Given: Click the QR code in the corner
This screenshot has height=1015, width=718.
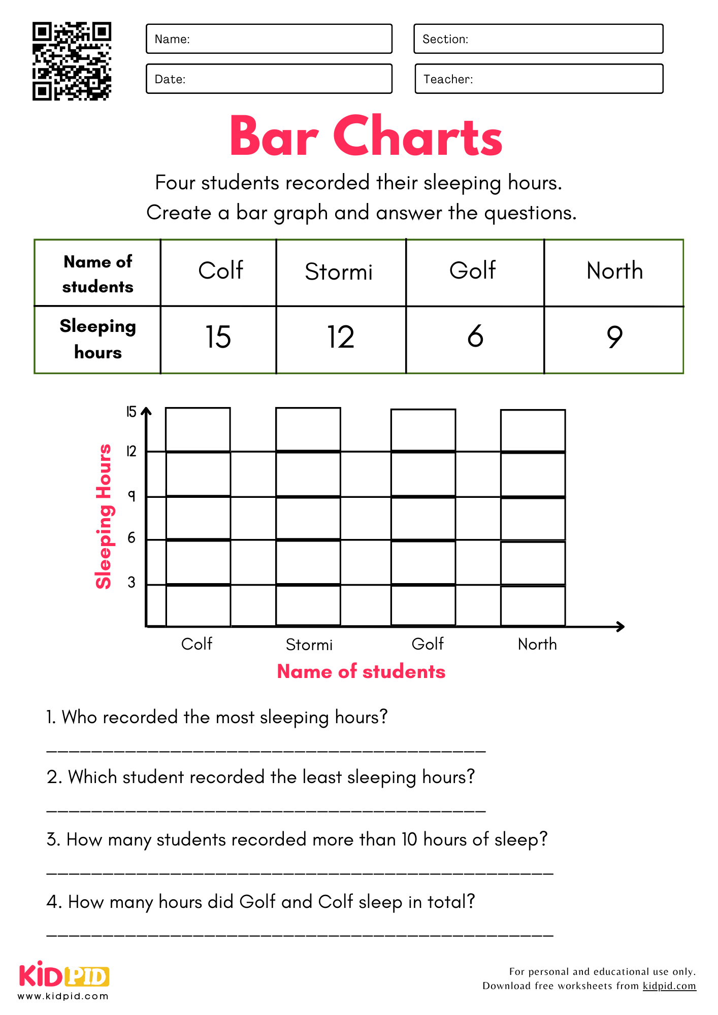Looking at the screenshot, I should point(72,61).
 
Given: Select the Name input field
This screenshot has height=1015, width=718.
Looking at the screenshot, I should point(269,39).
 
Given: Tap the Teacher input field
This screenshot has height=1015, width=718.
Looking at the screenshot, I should point(539,79).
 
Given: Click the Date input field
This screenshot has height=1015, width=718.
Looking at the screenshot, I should point(269,79).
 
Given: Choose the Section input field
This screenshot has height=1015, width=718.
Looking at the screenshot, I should point(538,39).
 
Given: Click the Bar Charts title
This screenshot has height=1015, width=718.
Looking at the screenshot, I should point(366,136).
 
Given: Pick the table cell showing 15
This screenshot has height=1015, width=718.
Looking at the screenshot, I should point(218,337).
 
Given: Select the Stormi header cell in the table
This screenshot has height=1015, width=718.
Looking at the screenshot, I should point(339,272).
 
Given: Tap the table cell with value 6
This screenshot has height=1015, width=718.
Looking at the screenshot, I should point(475,336).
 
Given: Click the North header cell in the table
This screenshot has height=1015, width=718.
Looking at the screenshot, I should point(614,271).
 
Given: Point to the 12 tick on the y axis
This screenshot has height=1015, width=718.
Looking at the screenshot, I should point(132,451).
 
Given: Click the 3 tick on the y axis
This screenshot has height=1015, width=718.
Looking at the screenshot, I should point(132,583).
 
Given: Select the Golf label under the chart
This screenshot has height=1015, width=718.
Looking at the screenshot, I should point(428,644).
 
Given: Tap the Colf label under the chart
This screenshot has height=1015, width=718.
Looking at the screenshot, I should point(197,644).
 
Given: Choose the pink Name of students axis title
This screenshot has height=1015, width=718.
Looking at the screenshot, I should point(361,671).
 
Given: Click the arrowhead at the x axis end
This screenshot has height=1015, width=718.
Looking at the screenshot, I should point(621,627).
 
